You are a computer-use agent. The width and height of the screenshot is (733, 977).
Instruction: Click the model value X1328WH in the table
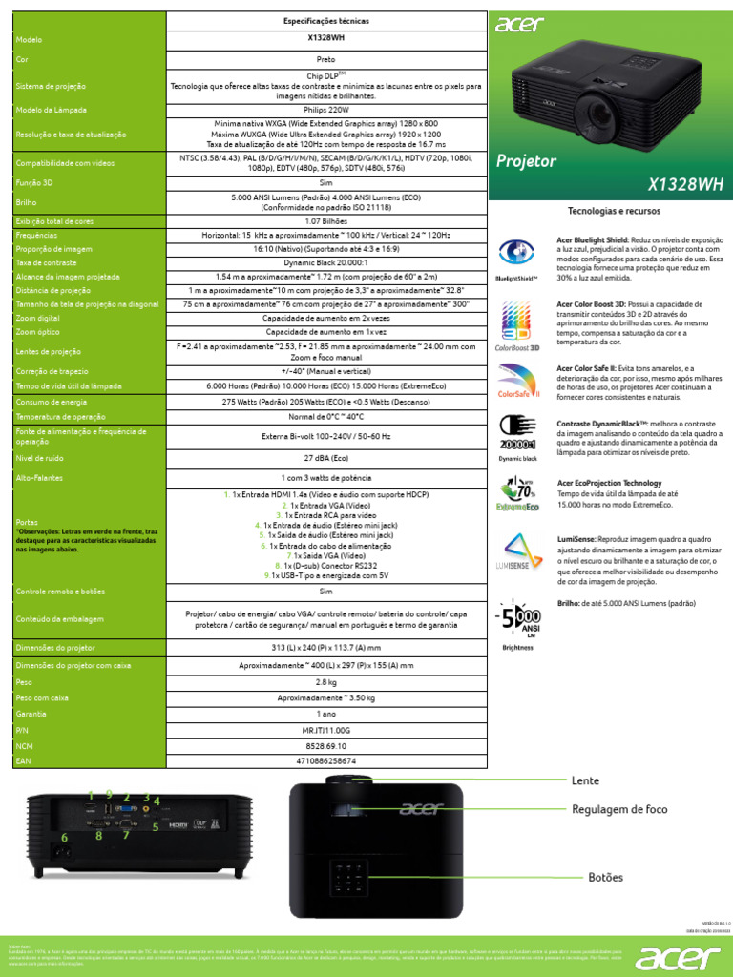326,39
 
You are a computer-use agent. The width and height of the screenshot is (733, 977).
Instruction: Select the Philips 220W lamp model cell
326,111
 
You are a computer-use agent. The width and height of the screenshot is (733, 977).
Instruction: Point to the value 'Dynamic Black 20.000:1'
326,261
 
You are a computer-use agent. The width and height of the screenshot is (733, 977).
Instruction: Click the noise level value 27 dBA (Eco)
326,458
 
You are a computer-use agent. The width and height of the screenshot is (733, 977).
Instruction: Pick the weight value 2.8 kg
326,682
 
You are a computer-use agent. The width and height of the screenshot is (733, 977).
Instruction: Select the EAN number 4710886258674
326,760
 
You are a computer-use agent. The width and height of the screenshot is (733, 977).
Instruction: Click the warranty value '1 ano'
326,713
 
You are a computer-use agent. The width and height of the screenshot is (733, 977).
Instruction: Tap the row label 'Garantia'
31,713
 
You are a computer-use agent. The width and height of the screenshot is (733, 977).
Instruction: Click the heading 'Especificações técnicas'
326,20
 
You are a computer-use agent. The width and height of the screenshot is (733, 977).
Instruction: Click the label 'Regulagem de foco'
618,809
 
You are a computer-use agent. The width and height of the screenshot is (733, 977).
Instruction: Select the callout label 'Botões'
605,877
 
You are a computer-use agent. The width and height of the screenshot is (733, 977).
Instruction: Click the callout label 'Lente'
585,780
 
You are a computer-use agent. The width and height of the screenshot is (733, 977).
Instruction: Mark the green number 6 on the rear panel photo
65,838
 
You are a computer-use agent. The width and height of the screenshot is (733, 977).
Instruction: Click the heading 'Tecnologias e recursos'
614,210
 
